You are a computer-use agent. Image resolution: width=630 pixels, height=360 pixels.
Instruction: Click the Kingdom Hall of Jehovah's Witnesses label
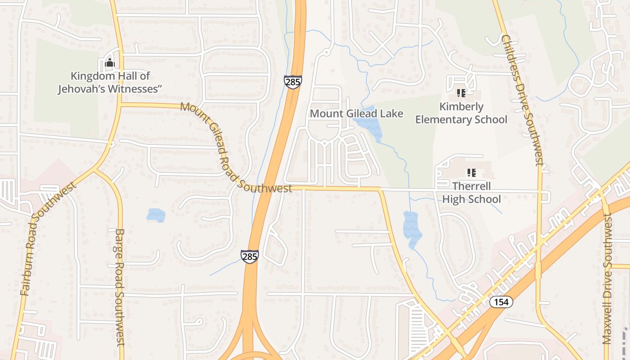(110, 82)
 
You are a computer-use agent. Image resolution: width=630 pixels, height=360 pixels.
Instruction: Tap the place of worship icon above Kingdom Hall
(109, 63)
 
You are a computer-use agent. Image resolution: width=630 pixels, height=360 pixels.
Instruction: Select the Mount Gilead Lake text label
(356, 113)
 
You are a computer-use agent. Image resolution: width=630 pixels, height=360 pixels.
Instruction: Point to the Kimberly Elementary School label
(461, 113)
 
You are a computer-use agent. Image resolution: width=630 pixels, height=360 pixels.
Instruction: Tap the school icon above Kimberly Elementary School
(460, 93)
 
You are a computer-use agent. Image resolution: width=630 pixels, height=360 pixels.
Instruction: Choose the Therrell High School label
(471, 193)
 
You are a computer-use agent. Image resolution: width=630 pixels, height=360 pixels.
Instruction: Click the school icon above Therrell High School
(471, 172)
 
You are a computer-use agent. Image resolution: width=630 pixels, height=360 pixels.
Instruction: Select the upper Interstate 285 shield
(292, 82)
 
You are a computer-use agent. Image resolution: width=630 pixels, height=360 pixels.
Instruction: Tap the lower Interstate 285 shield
(249, 256)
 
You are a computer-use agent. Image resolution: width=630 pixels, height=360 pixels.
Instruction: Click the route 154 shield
(501, 302)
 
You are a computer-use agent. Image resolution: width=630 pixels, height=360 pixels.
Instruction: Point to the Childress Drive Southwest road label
(523, 100)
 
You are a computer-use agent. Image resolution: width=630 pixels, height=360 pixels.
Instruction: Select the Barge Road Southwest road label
(119, 288)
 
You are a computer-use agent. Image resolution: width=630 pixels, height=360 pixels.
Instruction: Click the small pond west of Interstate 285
(156, 215)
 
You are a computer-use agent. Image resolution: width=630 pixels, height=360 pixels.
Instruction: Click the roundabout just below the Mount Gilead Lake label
(324, 144)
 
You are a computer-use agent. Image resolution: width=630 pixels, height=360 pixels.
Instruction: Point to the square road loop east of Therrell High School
(546, 197)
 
